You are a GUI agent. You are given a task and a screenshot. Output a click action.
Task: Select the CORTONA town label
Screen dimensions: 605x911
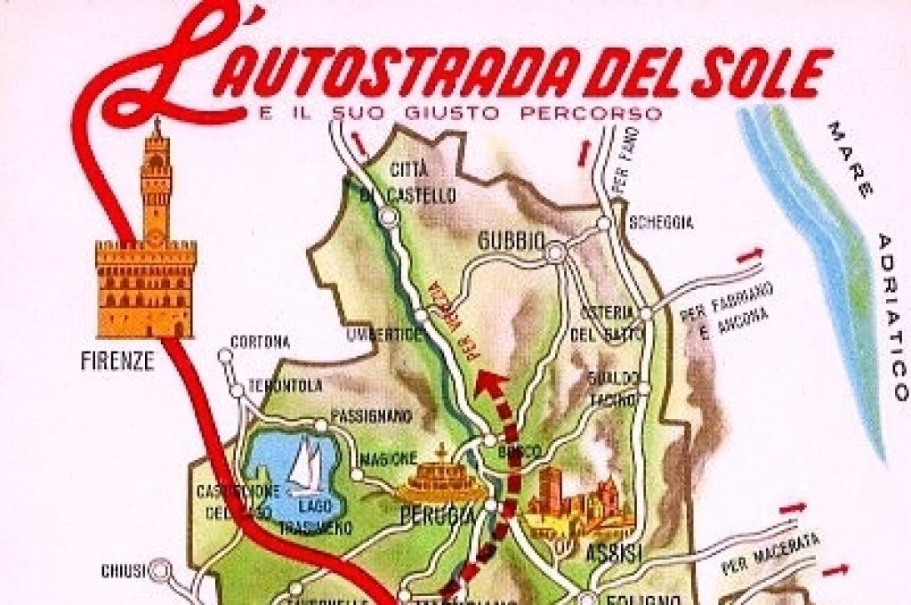coord(260,342)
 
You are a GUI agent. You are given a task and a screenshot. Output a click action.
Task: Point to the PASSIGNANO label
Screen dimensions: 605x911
coord(371,415)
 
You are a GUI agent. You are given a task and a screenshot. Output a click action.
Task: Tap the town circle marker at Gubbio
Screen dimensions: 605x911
coord(555,254)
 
